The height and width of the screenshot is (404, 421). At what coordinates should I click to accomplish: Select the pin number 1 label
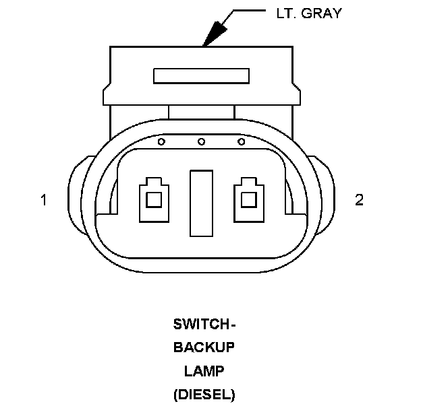pyautogui.click(x=44, y=200)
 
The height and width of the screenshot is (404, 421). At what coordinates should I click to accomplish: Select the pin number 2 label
pyautogui.click(x=359, y=200)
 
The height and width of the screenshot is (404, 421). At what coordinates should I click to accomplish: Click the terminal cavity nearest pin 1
pyautogui.click(x=154, y=199)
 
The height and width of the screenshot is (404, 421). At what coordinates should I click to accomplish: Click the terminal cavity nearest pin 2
pyautogui.click(x=248, y=199)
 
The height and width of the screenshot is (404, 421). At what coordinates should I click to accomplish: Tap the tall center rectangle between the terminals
pyautogui.click(x=201, y=203)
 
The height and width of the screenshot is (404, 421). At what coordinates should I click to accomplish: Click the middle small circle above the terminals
pyautogui.click(x=201, y=141)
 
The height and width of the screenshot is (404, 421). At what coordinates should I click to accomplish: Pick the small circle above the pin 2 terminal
pyautogui.click(x=242, y=141)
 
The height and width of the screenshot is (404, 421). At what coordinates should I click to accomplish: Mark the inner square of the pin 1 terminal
pyautogui.click(x=154, y=200)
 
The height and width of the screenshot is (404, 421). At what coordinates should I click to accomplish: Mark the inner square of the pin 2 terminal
pyautogui.click(x=248, y=200)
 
